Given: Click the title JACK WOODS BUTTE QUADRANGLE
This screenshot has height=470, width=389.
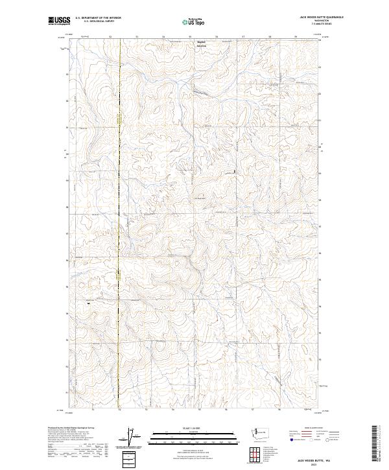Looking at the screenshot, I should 322,18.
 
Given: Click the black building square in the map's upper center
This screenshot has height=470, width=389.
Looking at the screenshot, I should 235,171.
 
